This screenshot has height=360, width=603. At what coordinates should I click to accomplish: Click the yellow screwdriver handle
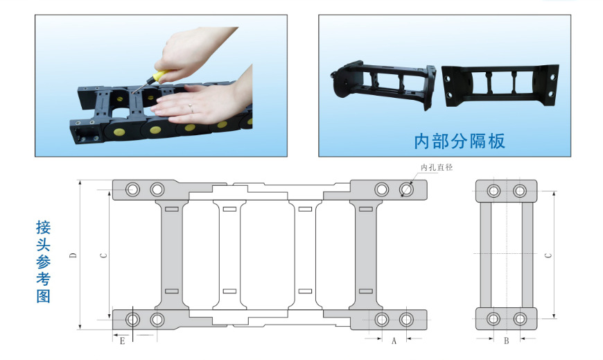160,75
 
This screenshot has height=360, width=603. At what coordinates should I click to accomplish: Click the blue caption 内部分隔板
460,142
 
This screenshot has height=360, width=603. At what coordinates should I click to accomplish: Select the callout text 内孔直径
437,167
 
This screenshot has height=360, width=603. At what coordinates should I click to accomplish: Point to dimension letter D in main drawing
73,255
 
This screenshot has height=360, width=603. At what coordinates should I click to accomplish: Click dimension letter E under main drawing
122,341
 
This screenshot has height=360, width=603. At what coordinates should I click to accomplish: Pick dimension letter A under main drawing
394,341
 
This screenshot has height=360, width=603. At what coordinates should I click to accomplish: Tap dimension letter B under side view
507,341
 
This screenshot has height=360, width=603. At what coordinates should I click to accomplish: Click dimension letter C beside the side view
549,255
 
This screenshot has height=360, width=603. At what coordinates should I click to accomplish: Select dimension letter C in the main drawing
103,255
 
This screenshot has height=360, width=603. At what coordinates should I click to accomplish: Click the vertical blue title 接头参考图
44,262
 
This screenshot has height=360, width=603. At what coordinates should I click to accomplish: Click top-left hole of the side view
493,191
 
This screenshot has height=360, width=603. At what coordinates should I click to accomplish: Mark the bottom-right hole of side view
520,319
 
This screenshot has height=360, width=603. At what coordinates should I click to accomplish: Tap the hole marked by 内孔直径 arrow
406,189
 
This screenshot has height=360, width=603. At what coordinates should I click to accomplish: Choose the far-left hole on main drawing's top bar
132,189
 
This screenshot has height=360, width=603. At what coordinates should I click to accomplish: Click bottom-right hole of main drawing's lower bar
406,320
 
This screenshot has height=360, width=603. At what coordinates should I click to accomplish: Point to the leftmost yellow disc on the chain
117,132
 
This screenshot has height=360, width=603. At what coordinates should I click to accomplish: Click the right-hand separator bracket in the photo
500,85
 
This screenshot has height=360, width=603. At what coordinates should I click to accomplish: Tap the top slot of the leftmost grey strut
171,209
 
